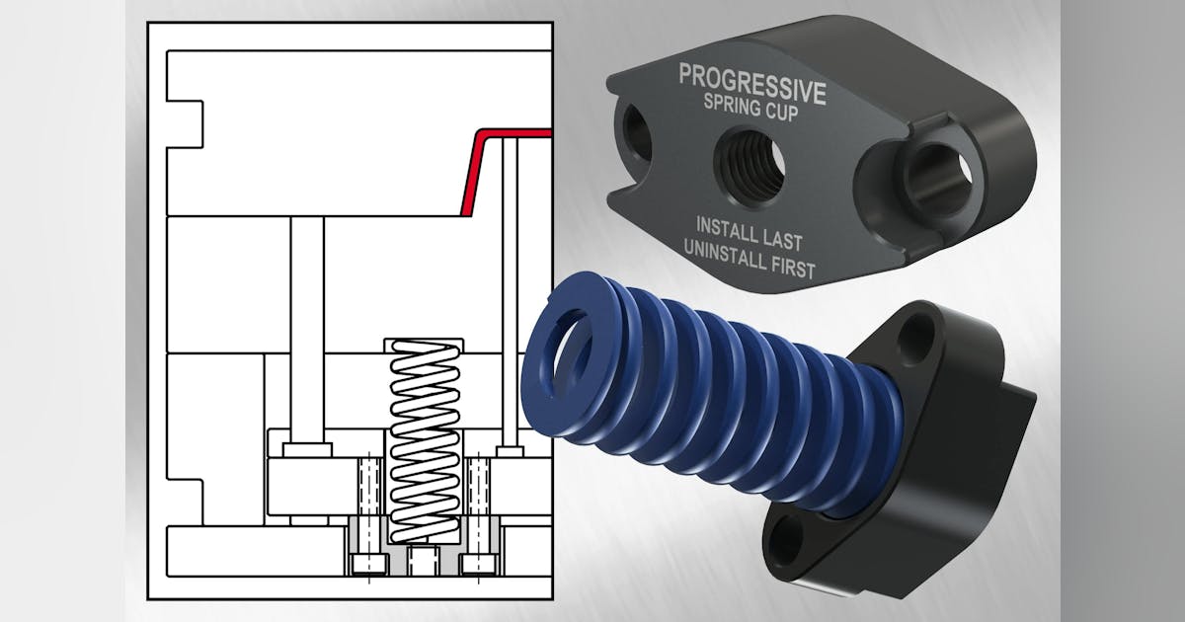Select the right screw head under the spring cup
(478, 564)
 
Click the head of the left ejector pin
(305, 450)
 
